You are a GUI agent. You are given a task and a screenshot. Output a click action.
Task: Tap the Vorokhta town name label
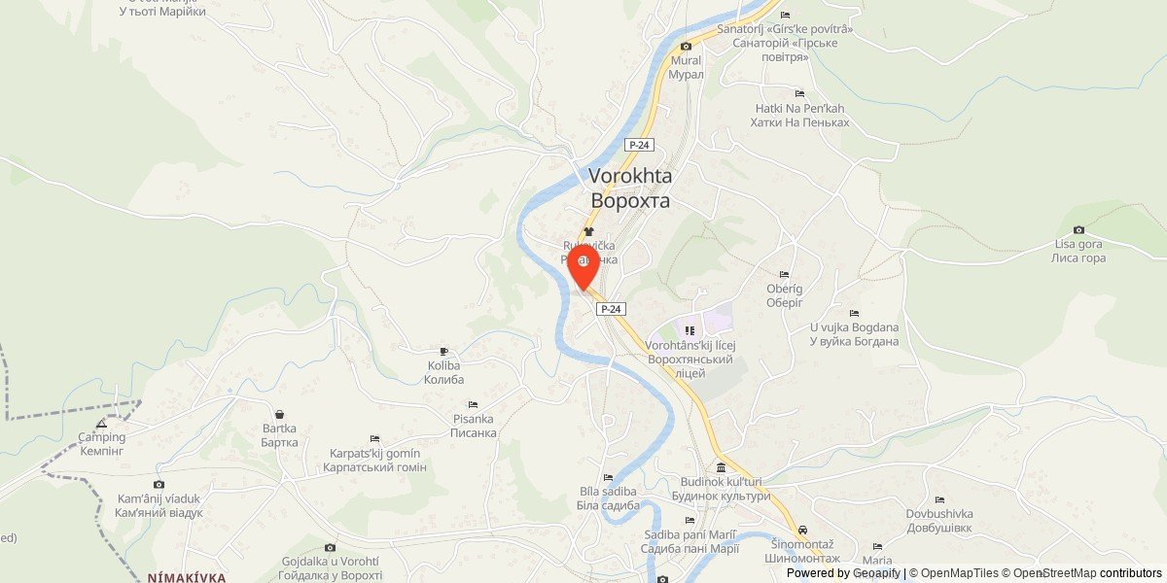[x=630, y=189]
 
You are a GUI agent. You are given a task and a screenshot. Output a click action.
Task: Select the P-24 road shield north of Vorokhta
[x=639, y=145]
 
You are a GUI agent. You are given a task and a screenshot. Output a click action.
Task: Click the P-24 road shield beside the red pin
[x=610, y=309]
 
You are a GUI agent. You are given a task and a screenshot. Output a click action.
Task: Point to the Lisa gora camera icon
[x=1079, y=229]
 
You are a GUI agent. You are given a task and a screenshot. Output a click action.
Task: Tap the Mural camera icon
[x=686, y=46]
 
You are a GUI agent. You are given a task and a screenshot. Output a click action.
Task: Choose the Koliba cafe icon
[x=444, y=351]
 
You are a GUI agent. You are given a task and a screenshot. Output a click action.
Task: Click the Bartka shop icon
[x=279, y=414]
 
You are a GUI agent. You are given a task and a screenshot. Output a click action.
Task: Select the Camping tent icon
[x=102, y=424]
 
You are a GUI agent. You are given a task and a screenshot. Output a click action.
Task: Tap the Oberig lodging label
[x=784, y=295]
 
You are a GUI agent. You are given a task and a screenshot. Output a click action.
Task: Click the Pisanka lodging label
[x=474, y=426]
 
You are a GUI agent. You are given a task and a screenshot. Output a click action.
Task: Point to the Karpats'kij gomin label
[x=374, y=461]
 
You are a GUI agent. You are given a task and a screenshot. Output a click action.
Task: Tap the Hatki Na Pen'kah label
[x=799, y=116]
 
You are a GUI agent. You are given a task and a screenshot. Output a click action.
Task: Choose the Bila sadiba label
[x=608, y=498]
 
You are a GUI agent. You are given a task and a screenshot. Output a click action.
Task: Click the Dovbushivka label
[x=939, y=520]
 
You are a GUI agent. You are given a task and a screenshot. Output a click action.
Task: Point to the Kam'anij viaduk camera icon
[x=159, y=484]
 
